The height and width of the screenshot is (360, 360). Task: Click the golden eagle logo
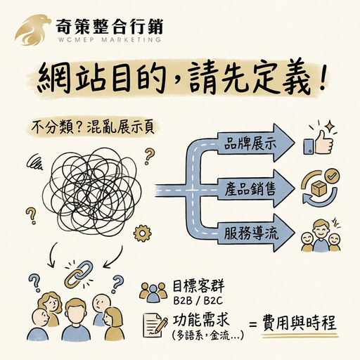pyautogui.click(x=33, y=30)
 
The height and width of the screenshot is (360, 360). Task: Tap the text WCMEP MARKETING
pyautogui.click(x=110, y=39)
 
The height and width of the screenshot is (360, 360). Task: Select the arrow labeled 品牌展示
pyautogui.click(x=255, y=143)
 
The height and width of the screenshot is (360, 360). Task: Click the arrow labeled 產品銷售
pyautogui.click(x=255, y=188)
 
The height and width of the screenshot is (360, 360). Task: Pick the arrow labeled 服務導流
pyautogui.click(x=255, y=233)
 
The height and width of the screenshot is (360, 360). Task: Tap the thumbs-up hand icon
pyautogui.click(x=319, y=143)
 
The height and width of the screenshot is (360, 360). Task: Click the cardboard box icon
pyautogui.click(x=320, y=188)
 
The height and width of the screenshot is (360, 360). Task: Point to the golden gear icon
pyautogui.click(x=142, y=233)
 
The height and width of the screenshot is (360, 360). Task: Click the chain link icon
pyautogui.click(x=79, y=274)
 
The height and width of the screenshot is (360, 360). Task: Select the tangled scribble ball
pyautogui.click(x=92, y=192)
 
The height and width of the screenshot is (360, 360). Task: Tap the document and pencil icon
pyautogui.click(x=155, y=326)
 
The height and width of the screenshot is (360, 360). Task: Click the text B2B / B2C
pyautogui.click(x=198, y=301)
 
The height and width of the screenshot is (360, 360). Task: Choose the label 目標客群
pyautogui.click(x=198, y=286)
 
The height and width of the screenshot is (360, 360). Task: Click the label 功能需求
pyautogui.click(x=200, y=321)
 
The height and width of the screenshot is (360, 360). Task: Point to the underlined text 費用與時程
pyautogui.click(x=300, y=323)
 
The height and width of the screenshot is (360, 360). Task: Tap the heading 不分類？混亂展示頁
pyautogui.click(x=93, y=127)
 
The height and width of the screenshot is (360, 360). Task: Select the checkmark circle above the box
pyautogui.click(x=333, y=176)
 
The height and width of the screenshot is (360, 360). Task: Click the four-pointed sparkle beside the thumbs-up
pyautogui.click(x=330, y=126)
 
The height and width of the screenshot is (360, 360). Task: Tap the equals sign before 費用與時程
pyautogui.click(x=252, y=325)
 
